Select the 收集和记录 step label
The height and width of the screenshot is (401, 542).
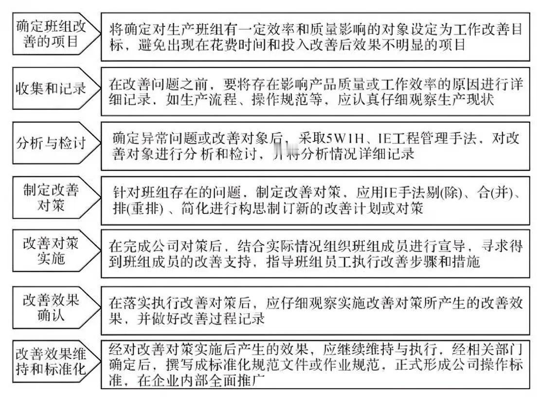(x=50, y=89)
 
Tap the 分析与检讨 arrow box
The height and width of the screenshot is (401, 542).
(x=50, y=145)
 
